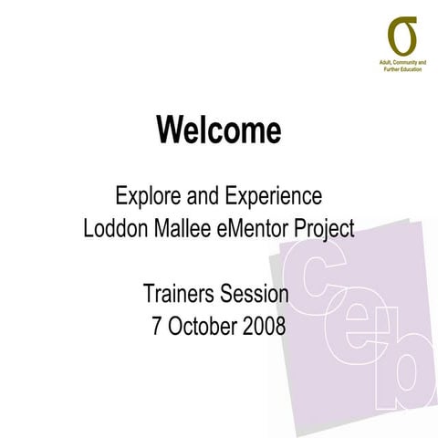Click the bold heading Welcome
tap(218, 130)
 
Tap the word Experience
tap(271, 196)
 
